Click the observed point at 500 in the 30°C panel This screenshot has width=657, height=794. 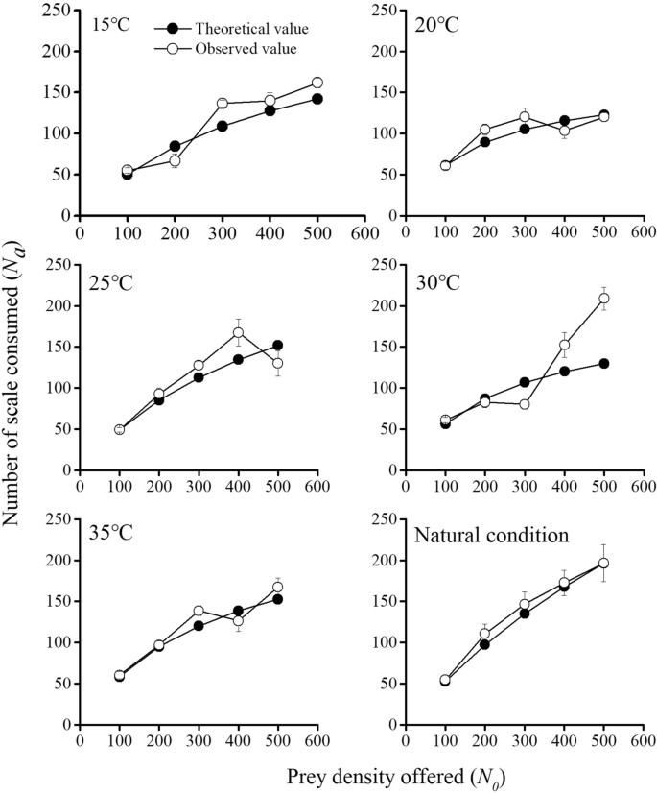pos(603,299)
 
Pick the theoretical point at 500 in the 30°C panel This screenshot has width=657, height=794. pos(603,363)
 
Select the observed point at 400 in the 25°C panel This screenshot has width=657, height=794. pos(238,333)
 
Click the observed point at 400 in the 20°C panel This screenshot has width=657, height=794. pos(565,131)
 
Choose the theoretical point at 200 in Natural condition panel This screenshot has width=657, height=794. pos(485,644)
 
